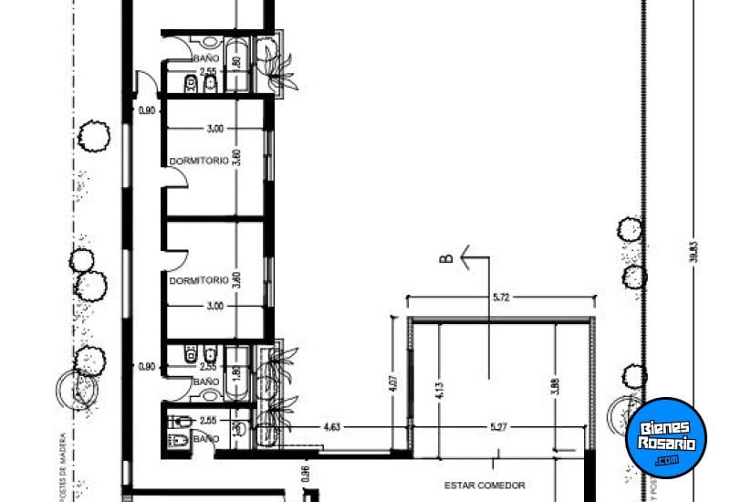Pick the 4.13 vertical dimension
tap(438, 387)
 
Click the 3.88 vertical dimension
tap(554, 387)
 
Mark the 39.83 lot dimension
tap(694, 250)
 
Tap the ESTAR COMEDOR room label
tap(485, 486)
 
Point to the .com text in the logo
tap(666, 460)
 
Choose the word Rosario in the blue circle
tap(666, 444)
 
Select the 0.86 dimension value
tap(306, 474)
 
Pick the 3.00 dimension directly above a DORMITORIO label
tap(214, 129)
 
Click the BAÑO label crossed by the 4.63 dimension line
tap(206, 439)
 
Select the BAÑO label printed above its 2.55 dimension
tap(206, 58)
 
